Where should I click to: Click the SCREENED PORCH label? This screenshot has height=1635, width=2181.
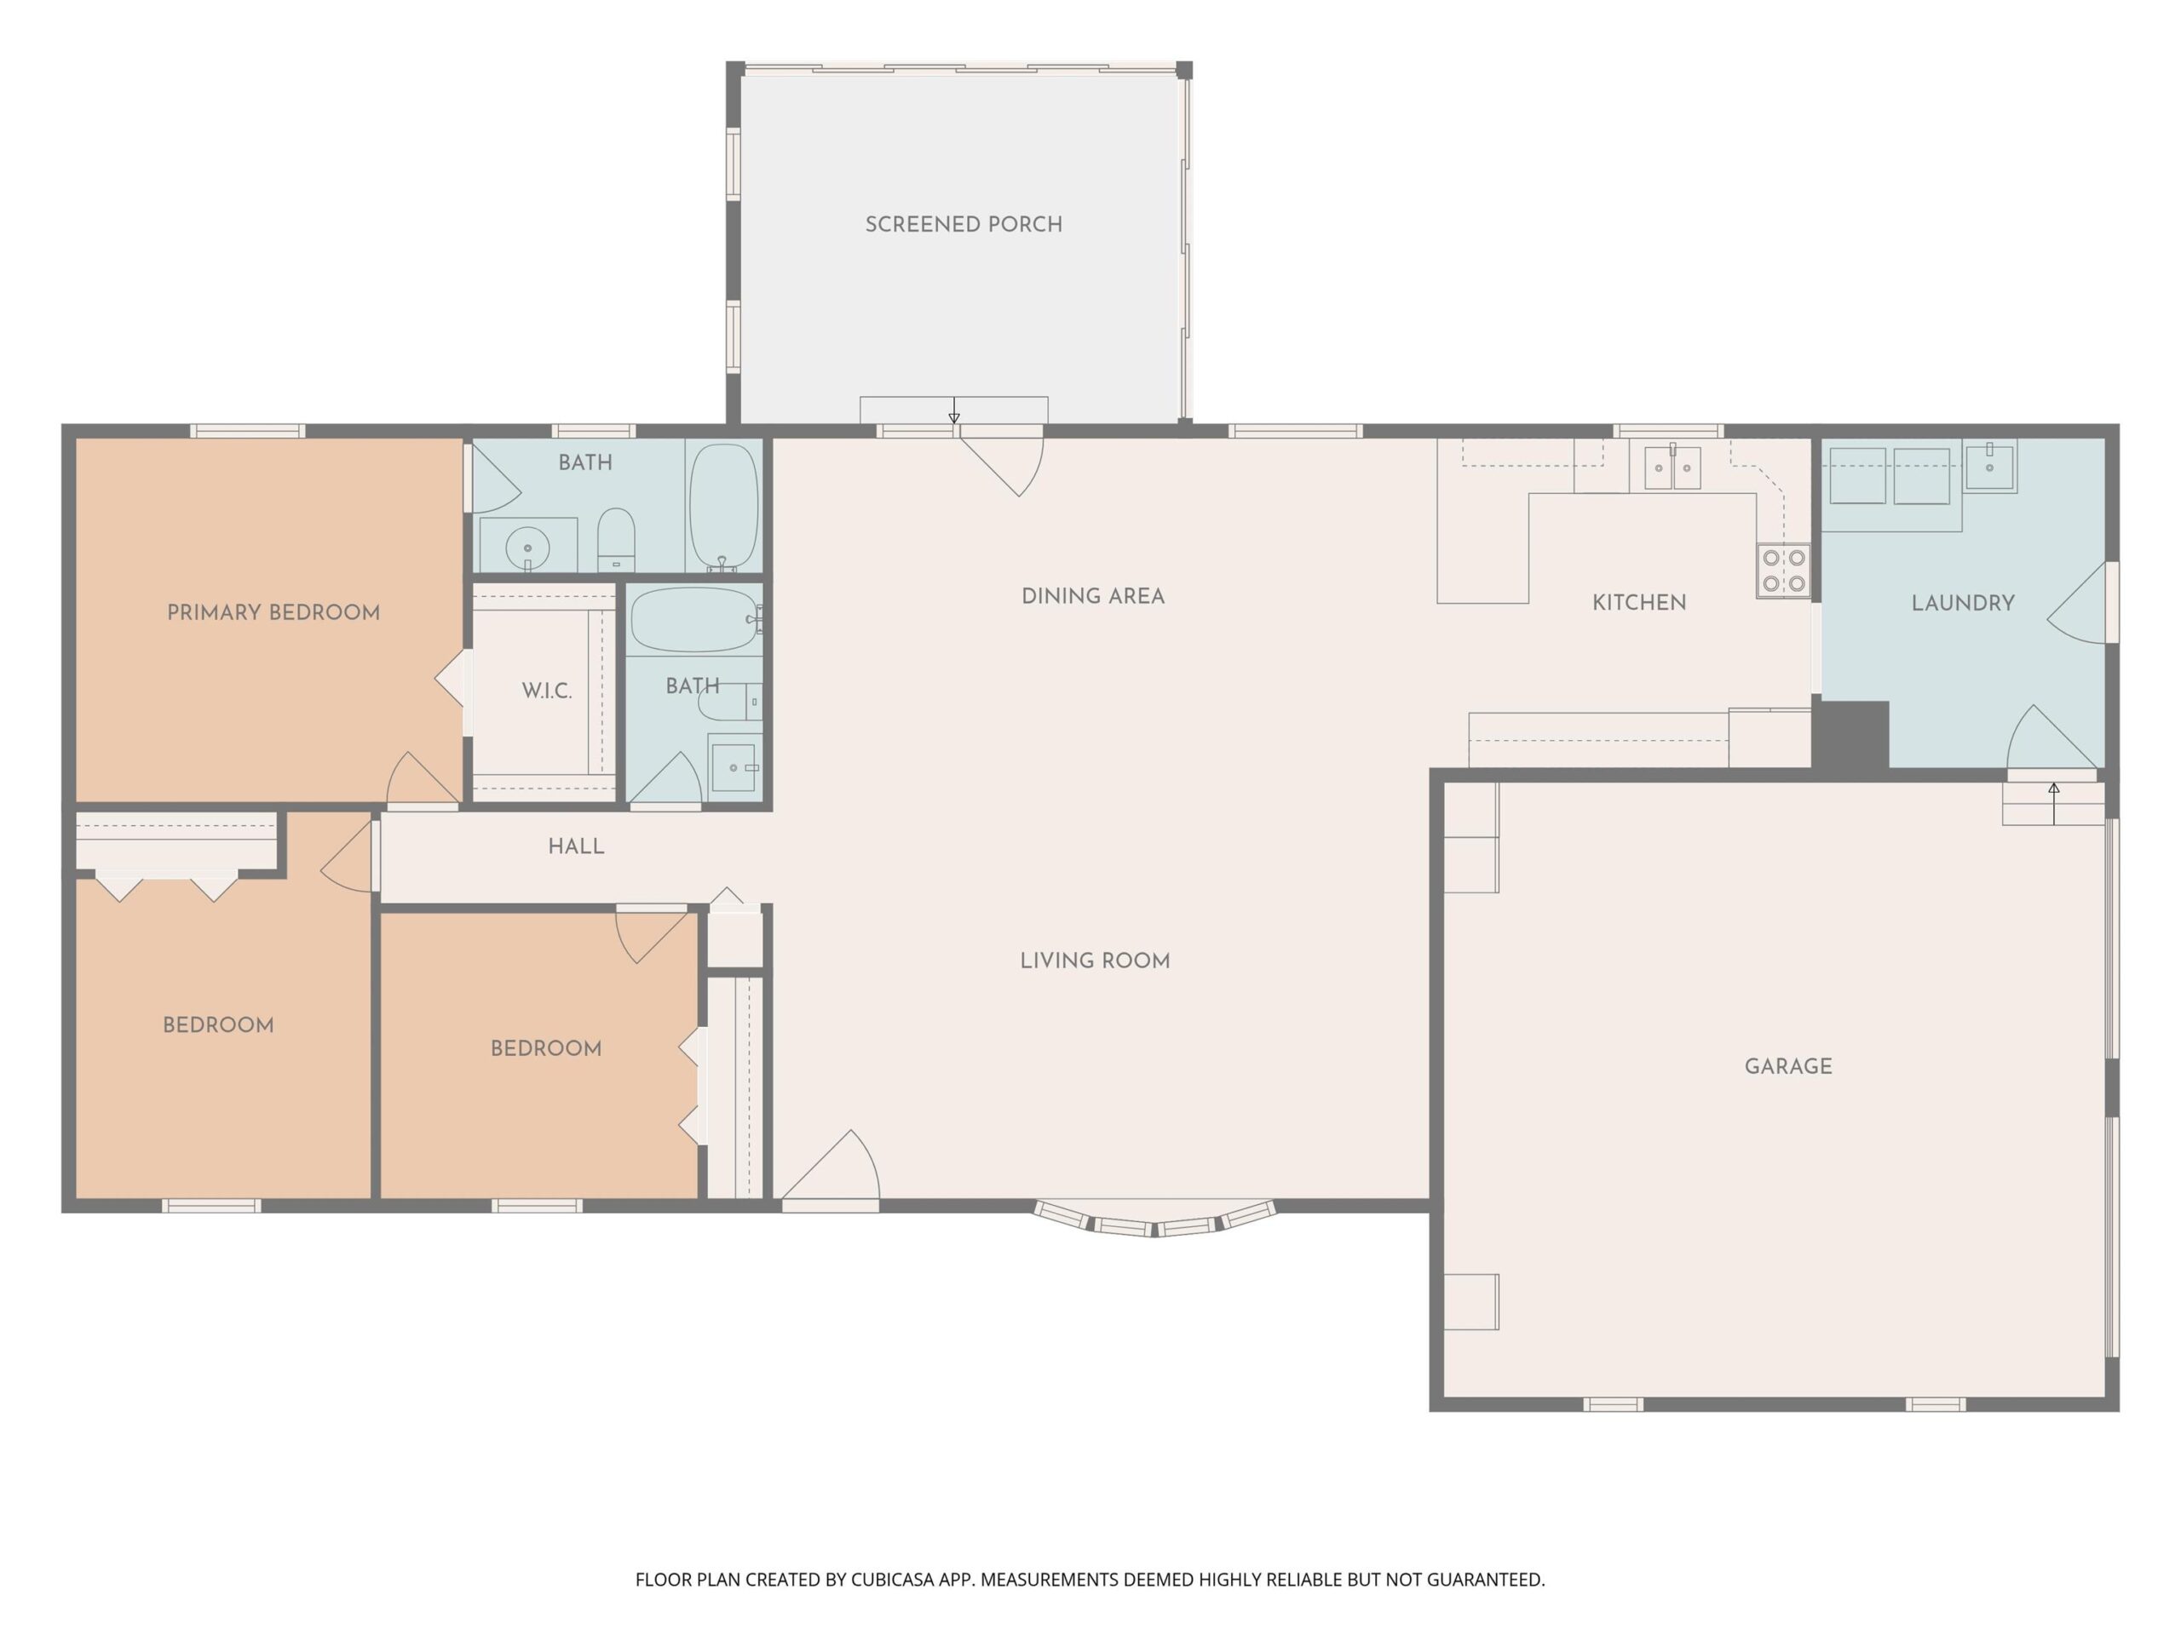point(964,225)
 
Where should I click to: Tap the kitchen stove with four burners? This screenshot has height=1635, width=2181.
point(1782,571)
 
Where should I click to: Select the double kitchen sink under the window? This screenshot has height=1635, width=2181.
point(1672,468)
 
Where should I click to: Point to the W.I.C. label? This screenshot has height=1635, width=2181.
point(546,691)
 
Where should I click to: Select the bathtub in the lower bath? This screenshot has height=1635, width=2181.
point(694,620)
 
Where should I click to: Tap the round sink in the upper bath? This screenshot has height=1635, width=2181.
point(527,547)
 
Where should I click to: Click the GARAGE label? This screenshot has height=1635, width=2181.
point(1787,1066)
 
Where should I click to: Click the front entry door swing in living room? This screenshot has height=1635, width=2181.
point(833,1167)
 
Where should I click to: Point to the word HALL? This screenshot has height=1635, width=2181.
point(576,846)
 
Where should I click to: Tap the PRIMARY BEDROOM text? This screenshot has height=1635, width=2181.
point(273,613)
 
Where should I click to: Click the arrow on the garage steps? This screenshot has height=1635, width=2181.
point(2054,803)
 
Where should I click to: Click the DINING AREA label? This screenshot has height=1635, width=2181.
point(1092,596)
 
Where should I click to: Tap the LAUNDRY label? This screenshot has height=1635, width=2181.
point(1962,603)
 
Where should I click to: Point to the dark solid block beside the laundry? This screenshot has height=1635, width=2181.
point(1851,735)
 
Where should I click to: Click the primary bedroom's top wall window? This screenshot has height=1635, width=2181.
point(247,431)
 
